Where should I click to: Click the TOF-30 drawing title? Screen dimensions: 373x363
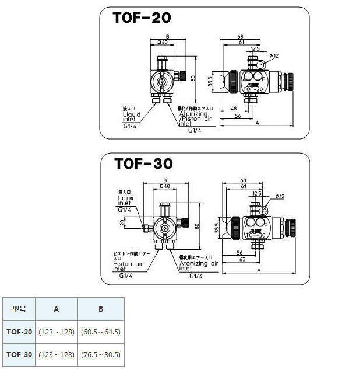[142, 164]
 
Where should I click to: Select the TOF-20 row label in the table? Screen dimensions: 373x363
[19, 332]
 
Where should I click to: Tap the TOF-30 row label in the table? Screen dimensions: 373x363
[19, 354]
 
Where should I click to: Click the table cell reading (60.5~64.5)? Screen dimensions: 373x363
[100, 332]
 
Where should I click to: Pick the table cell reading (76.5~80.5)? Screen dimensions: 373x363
[100, 354]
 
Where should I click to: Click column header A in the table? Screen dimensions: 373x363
[56, 309]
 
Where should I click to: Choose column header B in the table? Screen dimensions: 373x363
[100, 309]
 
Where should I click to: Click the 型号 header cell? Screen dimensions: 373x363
[19, 309]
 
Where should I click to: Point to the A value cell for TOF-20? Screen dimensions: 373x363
[56, 332]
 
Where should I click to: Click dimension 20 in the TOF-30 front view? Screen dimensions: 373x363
[122, 222]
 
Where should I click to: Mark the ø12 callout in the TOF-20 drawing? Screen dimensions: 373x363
[274, 55]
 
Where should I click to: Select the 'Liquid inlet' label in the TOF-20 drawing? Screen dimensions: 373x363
[132, 117]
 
